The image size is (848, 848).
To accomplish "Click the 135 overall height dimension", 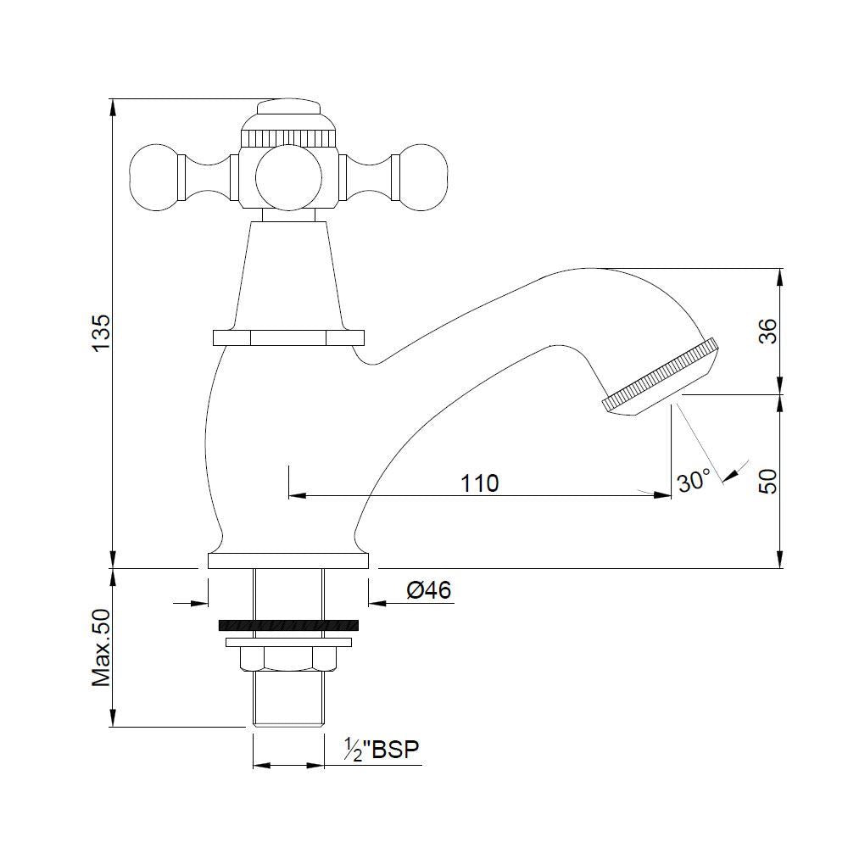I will coord(101,333).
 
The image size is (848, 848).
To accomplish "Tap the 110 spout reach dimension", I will coord(479,483).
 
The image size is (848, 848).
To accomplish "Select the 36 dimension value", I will coord(767,332).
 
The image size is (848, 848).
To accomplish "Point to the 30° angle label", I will coord(693,482).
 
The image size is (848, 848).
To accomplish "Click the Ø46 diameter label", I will coord(428,589).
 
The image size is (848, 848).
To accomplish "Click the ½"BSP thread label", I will coord(382,750).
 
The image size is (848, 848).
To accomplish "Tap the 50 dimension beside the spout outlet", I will coord(767,481).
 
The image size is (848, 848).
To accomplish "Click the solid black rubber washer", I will coord(288,625).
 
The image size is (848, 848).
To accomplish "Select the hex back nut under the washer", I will coord(288,657).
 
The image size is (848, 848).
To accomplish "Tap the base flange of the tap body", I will coord(288,561).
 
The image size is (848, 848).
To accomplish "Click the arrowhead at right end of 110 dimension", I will coord(661,494).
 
